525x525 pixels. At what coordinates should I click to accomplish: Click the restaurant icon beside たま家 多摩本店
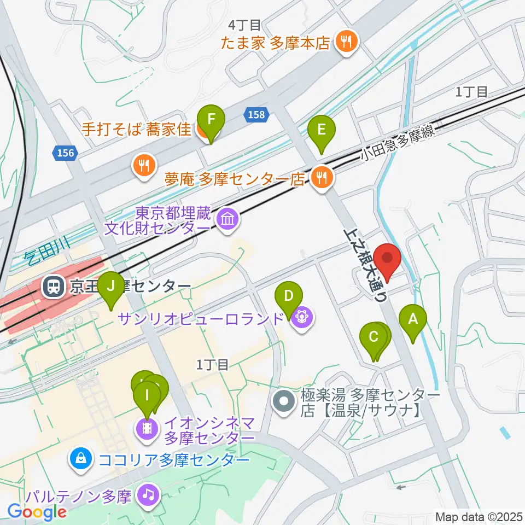click(x=345, y=41)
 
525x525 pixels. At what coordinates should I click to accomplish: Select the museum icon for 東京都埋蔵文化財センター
click(x=226, y=220)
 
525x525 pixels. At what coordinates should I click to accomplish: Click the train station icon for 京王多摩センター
click(x=54, y=286)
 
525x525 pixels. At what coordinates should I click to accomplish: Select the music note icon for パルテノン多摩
click(x=147, y=495)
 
